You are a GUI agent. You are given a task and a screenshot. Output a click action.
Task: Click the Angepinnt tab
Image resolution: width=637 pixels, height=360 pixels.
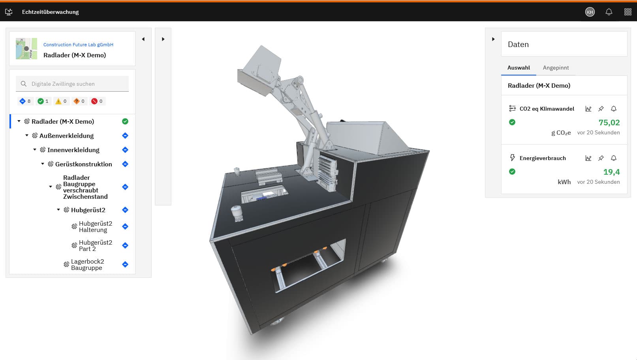tap(556, 68)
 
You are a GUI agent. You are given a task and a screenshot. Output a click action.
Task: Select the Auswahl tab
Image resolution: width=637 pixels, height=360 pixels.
tap(519, 68)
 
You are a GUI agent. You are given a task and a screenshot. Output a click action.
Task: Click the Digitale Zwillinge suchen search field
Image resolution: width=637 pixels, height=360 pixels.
tap(72, 84)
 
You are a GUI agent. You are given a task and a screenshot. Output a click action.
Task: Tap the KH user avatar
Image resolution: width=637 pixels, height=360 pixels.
tap(590, 12)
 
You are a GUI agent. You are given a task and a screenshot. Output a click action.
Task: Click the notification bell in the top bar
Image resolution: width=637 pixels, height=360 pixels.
tap(609, 12)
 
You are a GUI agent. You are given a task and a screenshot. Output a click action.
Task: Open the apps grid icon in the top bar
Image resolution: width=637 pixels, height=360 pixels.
tap(628, 12)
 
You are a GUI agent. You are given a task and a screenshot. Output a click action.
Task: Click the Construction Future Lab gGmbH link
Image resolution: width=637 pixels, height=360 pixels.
tap(78, 45)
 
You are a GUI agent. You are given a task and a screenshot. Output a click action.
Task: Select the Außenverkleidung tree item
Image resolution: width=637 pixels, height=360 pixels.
tap(66, 136)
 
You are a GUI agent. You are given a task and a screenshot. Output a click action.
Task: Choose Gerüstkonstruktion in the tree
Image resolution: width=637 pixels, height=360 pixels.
tap(83, 164)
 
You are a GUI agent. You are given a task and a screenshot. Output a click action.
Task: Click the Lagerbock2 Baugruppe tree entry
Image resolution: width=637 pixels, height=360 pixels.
tap(87, 265)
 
